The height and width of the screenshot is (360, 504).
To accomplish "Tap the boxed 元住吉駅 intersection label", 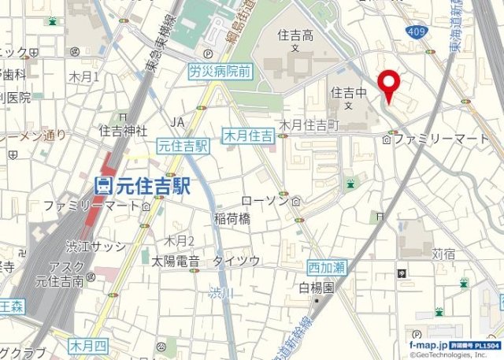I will tap(183, 146).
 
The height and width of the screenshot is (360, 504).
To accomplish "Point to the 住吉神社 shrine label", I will tap(123, 129).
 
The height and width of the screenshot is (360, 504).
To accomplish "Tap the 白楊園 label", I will tap(317, 288).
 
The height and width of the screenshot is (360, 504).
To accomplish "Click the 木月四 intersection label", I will tap(87, 345).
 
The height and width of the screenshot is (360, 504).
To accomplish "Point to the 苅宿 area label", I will tap(443, 254).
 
